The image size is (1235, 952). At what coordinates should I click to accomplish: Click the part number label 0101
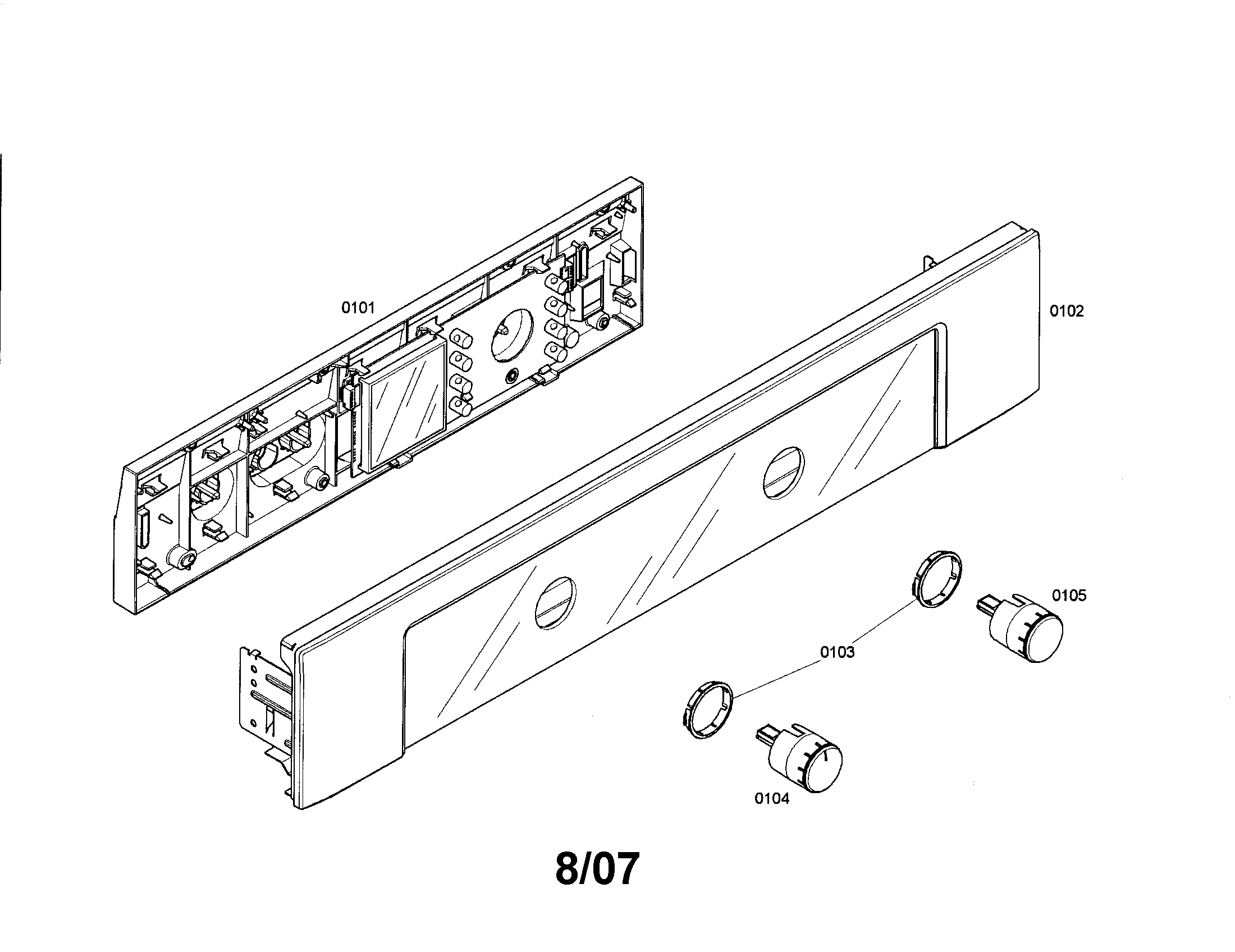(x=358, y=308)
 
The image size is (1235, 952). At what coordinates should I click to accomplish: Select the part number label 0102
(x=1067, y=311)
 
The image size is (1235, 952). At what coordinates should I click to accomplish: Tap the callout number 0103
(x=838, y=652)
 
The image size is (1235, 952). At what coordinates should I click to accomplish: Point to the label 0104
(x=772, y=798)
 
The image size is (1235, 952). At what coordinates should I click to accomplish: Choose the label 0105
(x=1069, y=596)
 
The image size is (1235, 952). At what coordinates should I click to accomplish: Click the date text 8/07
(x=597, y=869)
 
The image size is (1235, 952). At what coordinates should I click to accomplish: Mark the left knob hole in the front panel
(x=555, y=603)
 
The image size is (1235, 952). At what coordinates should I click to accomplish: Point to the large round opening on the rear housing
(x=510, y=335)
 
